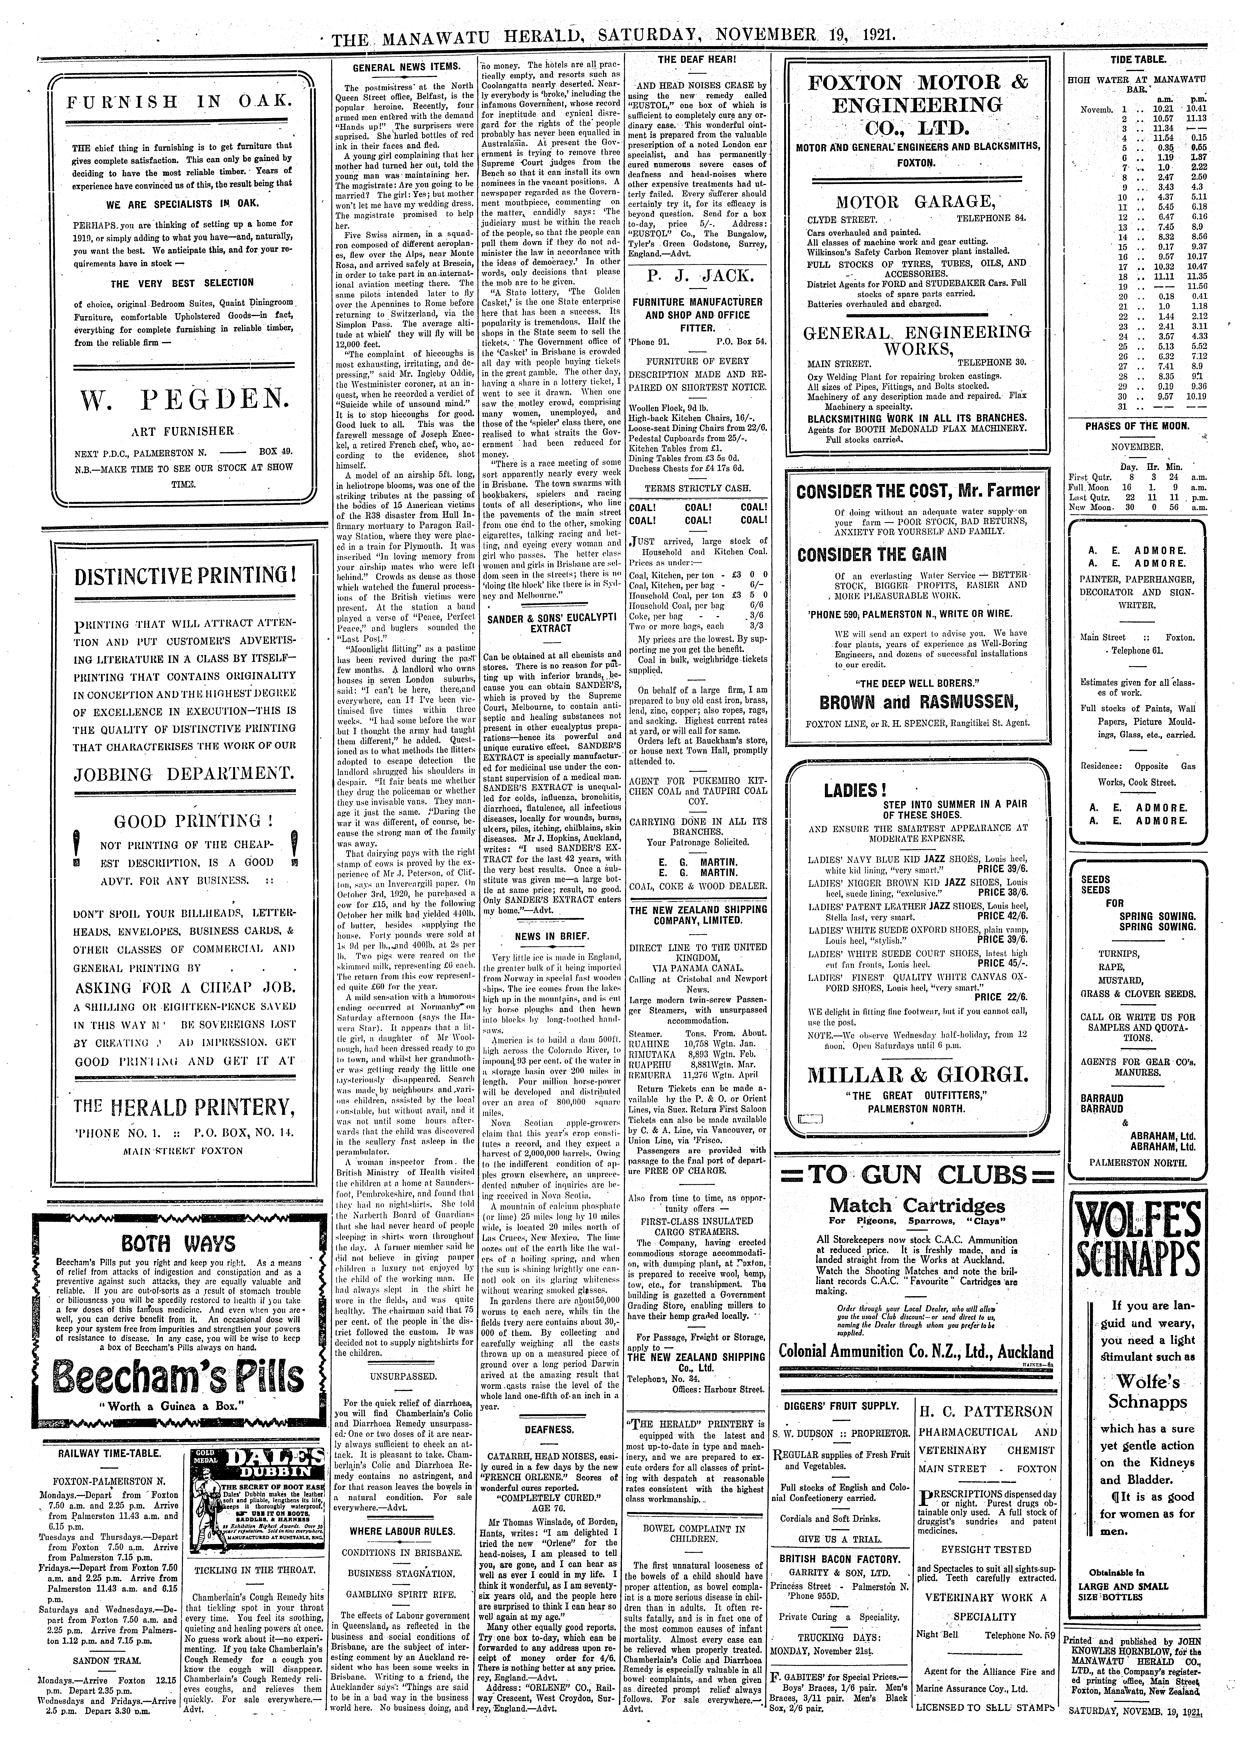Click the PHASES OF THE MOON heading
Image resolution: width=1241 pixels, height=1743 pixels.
point(1138,426)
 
